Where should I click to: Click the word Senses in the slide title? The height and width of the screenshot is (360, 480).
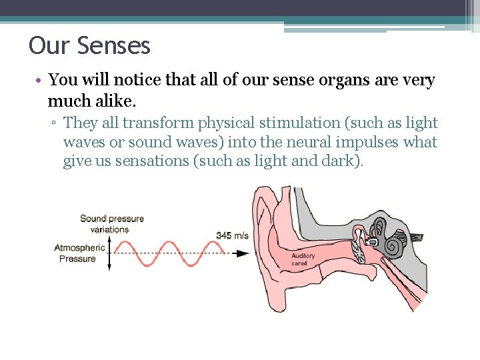pyautogui.click(x=114, y=46)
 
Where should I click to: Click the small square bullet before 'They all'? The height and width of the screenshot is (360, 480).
pyautogui.click(x=55, y=123)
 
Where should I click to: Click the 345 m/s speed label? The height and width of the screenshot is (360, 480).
pyautogui.click(x=232, y=235)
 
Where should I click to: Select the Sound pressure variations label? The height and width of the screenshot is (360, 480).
pyautogui.click(x=111, y=223)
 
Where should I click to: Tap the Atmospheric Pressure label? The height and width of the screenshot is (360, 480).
pyautogui.click(x=79, y=253)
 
